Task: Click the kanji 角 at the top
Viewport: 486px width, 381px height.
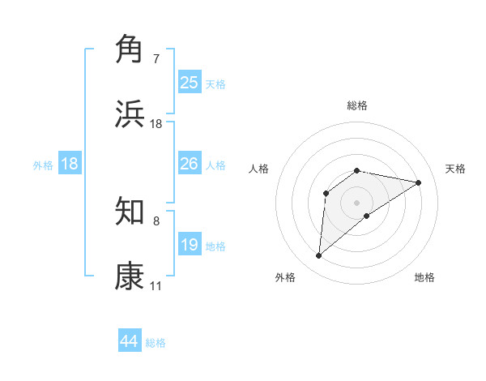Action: [x=130, y=49]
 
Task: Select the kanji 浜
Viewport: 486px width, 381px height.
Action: [x=130, y=114]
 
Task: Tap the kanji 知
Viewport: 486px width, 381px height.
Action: [x=130, y=212]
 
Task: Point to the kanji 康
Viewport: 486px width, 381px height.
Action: [x=130, y=276]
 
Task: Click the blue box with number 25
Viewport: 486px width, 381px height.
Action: [x=190, y=82]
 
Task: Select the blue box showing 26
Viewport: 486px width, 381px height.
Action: [x=190, y=164]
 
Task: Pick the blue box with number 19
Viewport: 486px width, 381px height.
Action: [x=190, y=245]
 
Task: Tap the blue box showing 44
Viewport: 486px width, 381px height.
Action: [x=130, y=341]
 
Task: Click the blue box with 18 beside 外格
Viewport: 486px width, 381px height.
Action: [x=70, y=164]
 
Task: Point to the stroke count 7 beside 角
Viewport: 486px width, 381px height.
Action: [x=156, y=59]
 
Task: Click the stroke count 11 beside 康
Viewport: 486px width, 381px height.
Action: [x=156, y=286]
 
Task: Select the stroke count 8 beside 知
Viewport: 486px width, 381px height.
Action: [x=156, y=221]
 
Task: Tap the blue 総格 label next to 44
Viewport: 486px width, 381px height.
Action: [x=156, y=343]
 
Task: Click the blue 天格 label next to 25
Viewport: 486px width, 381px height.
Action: [x=215, y=83]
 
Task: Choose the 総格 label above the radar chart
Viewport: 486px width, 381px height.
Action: [x=357, y=105]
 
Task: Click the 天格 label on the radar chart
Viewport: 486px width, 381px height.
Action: [x=456, y=169]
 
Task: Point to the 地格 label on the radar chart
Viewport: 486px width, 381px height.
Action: [x=424, y=277]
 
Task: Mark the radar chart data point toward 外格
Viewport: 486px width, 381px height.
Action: [x=318, y=256]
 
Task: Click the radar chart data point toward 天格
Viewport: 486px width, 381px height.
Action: [x=419, y=182]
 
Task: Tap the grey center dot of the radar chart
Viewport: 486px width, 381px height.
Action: [x=357, y=202]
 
